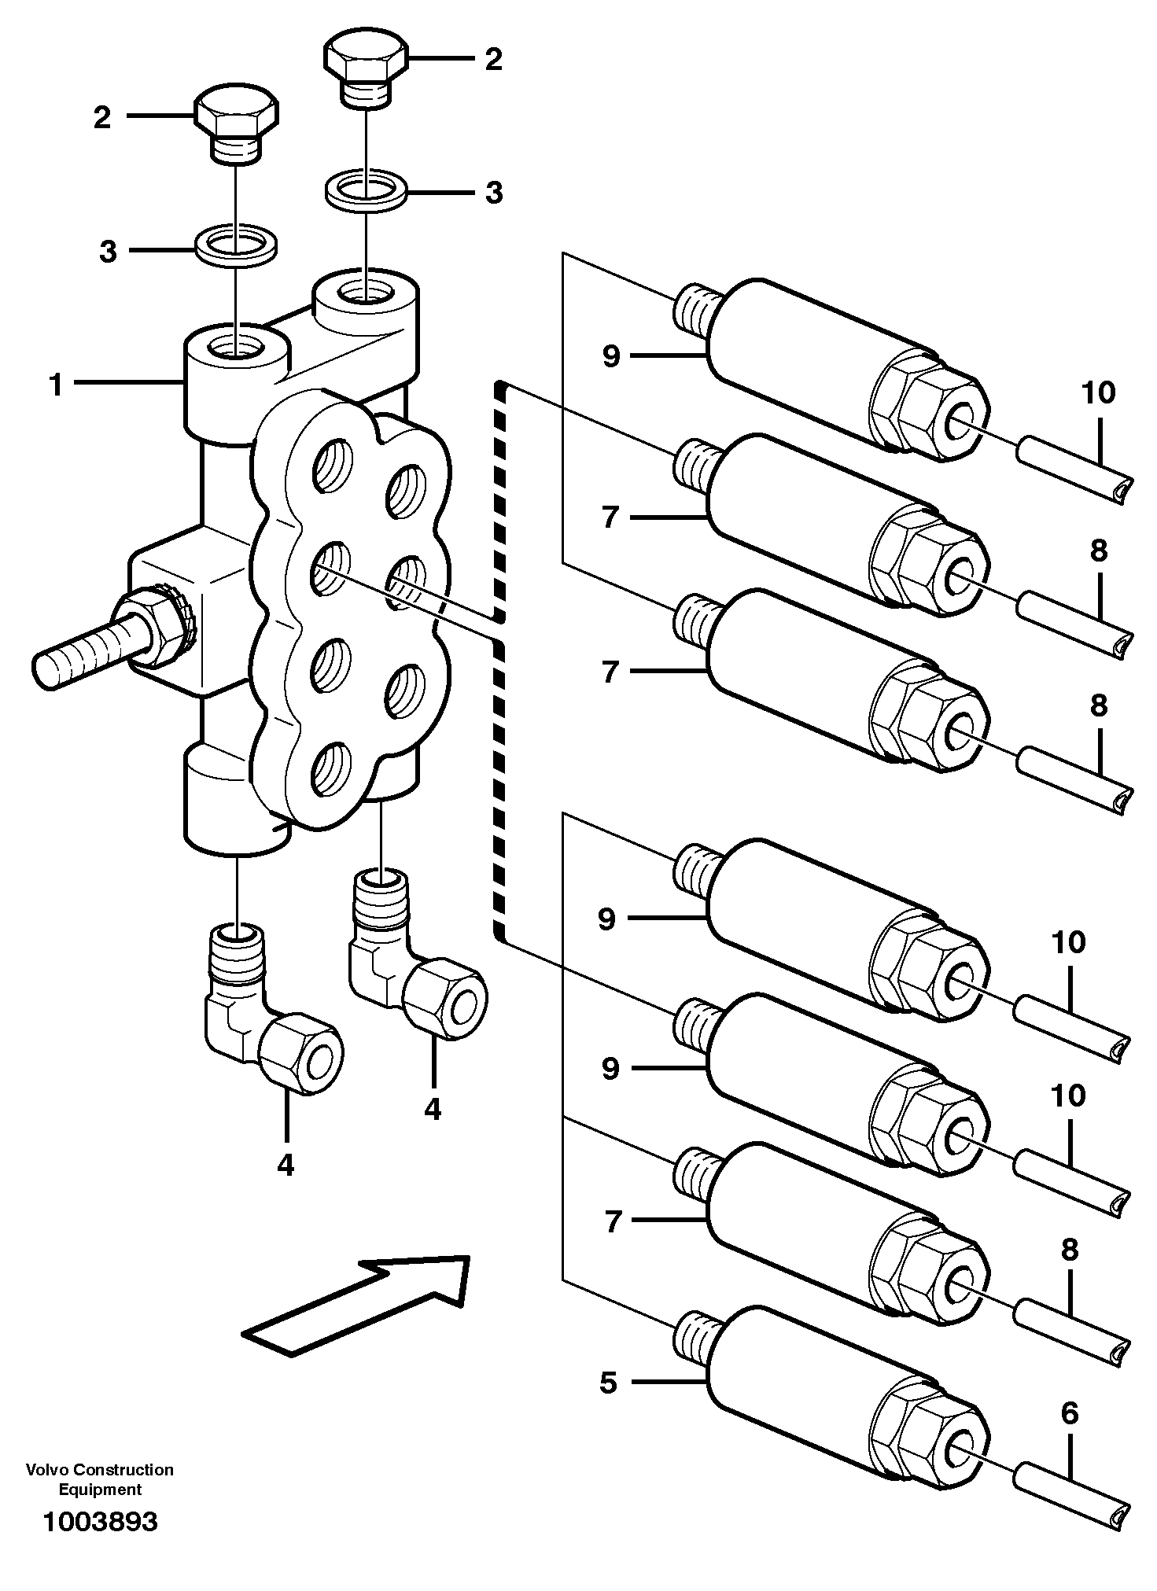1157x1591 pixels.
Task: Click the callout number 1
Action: (55, 385)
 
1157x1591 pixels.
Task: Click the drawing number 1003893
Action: (100, 1522)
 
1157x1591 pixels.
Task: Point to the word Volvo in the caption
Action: (46, 1470)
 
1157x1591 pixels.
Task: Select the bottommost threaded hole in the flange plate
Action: (328, 769)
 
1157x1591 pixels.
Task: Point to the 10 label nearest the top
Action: (1098, 392)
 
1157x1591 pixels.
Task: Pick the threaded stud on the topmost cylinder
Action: (695, 310)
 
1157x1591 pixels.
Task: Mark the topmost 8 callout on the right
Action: (1098, 551)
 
